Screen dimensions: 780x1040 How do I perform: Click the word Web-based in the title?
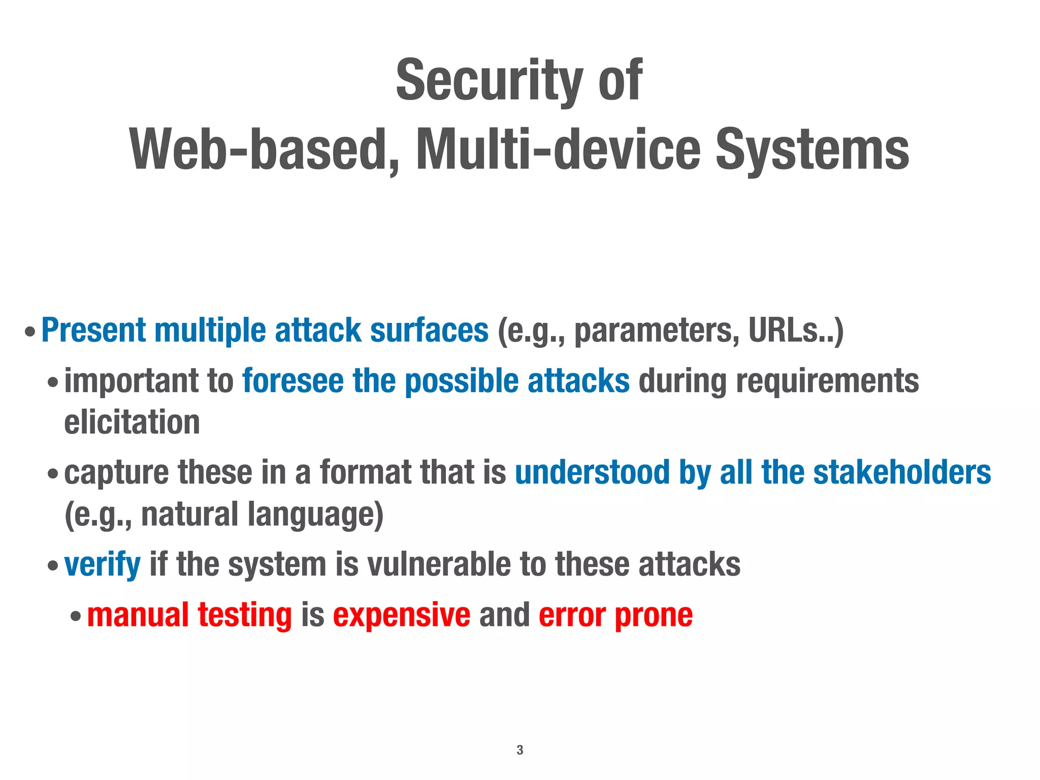(x=263, y=150)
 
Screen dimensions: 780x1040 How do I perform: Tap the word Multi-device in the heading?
(x=558, y=150)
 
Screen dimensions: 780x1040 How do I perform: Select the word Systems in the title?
(x=812, y=150)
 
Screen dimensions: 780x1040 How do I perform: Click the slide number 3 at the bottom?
(x=519, y=750)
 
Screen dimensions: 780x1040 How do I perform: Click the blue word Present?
(x=93, y=331)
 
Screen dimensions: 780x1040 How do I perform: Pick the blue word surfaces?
(x=429, y=331)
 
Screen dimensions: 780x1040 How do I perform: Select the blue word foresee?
(x=293, y=381)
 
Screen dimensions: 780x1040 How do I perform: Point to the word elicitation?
(x=132, y=422)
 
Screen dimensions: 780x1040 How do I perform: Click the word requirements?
(x=827, y=382)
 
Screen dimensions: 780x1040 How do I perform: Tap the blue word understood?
(x=592, y=472)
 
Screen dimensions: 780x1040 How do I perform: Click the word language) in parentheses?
(x=315, y=515)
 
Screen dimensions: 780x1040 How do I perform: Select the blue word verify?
(x=103, y=565)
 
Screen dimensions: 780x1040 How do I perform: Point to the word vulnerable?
(x=439, y=564)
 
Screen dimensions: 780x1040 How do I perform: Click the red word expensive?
(x=402, y=615)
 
